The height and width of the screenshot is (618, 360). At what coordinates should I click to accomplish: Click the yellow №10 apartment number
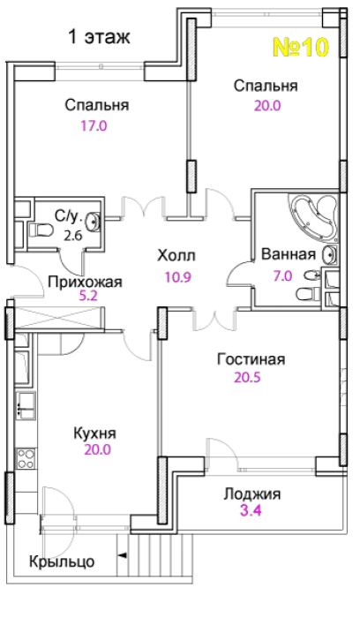click(x=301, y=48)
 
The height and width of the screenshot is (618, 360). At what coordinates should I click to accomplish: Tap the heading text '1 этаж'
click(x=99, y=37)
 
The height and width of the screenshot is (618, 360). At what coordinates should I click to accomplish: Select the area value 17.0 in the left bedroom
click(x=94, y=126)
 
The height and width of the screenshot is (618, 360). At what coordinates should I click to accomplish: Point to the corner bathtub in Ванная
click(x=314, y=217)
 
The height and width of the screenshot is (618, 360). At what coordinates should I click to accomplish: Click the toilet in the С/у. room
click(x=41, y=230)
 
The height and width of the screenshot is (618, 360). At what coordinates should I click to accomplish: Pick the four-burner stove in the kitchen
click(x=26, y=459)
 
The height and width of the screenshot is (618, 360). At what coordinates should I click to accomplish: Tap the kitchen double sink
click(x=26, y=405)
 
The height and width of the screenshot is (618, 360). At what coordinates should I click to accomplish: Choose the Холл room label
click(x=176, y=256)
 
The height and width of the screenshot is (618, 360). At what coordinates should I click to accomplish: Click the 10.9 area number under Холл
click(x=178, y=277)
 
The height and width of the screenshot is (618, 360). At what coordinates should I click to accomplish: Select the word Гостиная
click(x=251, y=359)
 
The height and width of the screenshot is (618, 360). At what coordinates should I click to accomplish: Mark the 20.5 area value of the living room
click(x=248, y=378)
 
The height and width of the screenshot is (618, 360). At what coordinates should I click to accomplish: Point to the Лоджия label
click(x=252, y=494)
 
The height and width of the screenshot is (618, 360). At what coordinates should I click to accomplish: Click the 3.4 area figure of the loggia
click(x=251, y=511)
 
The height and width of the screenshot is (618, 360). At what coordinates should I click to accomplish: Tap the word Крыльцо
click(x=63, y=561)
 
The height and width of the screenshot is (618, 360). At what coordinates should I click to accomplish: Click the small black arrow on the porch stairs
click(x=123, y=555)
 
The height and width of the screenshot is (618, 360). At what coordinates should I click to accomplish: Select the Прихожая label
click(x=85, y=283)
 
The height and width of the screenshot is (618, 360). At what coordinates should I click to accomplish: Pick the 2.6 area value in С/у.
click(x=73, y=236)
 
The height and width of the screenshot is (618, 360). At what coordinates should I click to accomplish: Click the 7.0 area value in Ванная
click(x=283, y=275)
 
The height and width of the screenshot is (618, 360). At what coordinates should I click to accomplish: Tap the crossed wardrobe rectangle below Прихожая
click(x=57, y=318)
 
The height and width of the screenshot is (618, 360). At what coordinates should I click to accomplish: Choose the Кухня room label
click(x=95, y=433)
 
